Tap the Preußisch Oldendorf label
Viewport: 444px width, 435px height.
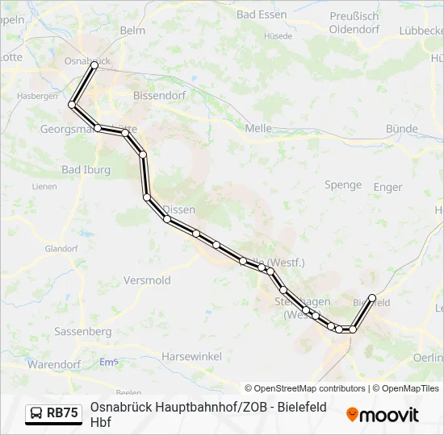tap(354, 23)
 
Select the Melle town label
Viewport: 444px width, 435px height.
tap(258, 127)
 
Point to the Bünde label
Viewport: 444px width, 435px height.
tap(401, 128)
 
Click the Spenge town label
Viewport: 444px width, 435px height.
tap(343, 184)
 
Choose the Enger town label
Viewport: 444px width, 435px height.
tap(387, 187)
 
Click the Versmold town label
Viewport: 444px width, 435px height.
tap(147, 280)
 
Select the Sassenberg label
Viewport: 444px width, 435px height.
tap(83, 331)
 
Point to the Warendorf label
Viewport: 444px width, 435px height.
tap(52, 364)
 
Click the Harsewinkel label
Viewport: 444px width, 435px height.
tap(186, 355)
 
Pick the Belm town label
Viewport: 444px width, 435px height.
tap(132, 30)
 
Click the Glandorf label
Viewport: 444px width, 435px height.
tap(61, 248)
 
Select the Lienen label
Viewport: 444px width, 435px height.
tap(44, 186)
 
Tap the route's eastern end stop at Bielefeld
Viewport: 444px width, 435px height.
tap(372, 298)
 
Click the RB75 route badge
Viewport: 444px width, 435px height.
tap(54, 413)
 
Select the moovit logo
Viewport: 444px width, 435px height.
tap(383, 414)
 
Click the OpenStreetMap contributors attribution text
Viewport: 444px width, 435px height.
tap(305, 388)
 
